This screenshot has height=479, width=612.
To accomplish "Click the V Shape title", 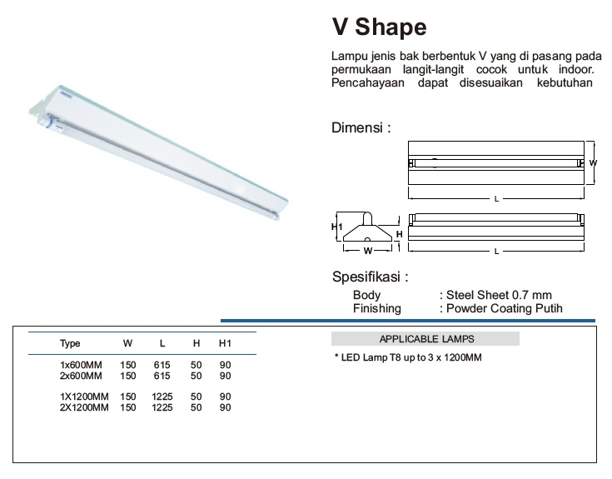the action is [x=379, y=27].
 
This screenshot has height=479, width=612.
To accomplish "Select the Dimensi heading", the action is [x=361, y=127].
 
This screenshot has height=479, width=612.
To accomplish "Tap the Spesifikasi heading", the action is [x=370, y=277].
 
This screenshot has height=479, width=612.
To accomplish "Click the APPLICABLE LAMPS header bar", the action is [x=425, y=339].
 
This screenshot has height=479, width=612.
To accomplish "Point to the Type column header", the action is [x=70, y=343].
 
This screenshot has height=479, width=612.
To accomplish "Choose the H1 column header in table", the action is [x=225, y=343].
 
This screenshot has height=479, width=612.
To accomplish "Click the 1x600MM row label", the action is [x=81, y=365].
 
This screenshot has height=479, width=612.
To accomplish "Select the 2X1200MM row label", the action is [x=84, y=407].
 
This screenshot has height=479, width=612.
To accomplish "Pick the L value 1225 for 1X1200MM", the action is [x=162, y=397].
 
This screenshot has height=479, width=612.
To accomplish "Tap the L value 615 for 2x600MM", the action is [x=162, y=376].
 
